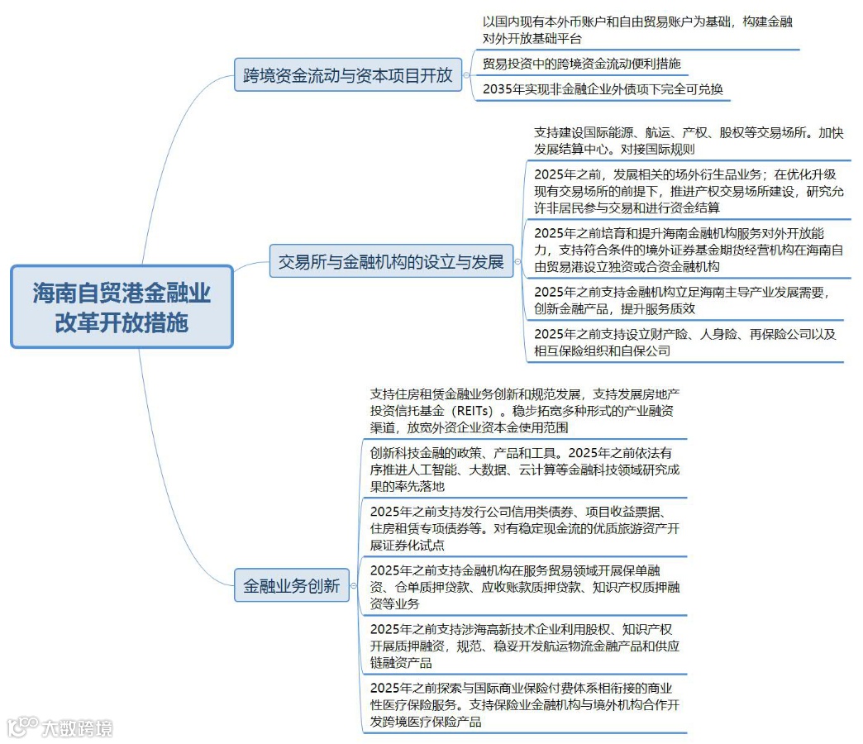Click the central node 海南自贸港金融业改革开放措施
tap(122, 306)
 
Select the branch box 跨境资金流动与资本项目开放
tap(348, 76)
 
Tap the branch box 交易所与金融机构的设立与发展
tap(391, 263)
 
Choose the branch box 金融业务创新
tap(291, 586)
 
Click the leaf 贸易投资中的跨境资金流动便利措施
tap(581, 64)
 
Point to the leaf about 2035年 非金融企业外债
tap(603, 89)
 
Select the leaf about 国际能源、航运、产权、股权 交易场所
tap(688, 141)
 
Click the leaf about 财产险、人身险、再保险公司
tap(684, 342)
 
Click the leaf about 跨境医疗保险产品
tap(524, 704)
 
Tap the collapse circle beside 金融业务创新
tap(354, 586)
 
